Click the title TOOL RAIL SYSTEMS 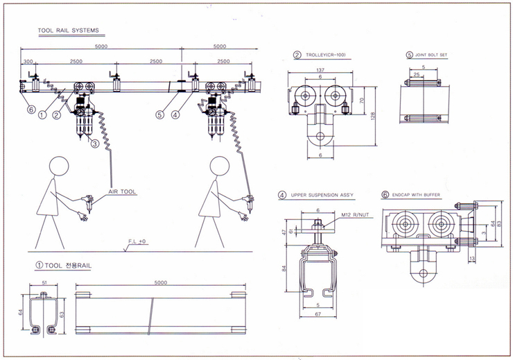(x=68, y=31)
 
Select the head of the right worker (x=219, y=166)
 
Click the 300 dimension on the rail (x=28, y=61)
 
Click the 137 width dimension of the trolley (x=320, y=69)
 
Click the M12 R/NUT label (x=352, y=216)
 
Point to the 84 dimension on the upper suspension (x=285, y=268)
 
